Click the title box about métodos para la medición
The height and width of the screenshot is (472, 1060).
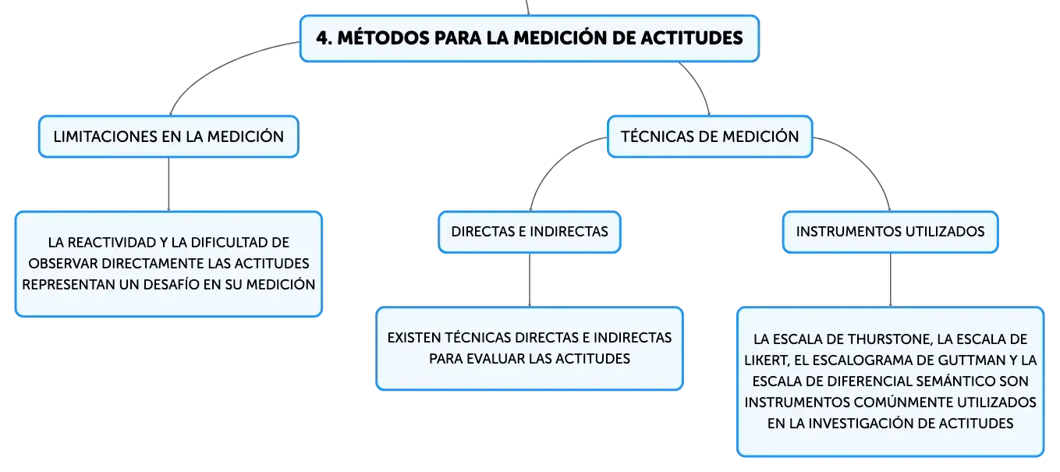point(530,38)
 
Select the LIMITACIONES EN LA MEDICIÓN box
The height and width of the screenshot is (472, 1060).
point(168,137)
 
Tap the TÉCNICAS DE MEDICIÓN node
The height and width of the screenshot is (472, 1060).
point(710,137)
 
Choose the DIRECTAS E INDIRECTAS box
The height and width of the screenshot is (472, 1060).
point(530,232)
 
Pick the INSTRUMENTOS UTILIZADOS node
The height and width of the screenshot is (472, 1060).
point(890,232)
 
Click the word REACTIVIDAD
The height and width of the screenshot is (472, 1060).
point(112,243)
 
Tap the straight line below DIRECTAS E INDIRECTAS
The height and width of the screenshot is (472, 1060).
point(530,280)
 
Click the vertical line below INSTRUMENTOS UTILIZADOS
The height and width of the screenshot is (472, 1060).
point(890,280)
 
